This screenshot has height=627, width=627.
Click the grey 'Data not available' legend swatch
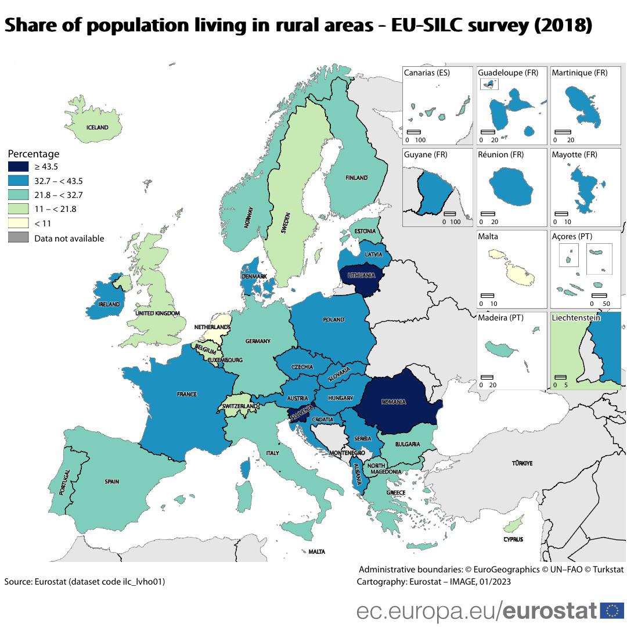(x=17, y=237)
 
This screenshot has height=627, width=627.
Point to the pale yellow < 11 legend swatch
(x=17, y=224)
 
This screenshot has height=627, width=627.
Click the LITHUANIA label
(x=361, y=275)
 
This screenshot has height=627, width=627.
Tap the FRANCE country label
(x=186, y=394)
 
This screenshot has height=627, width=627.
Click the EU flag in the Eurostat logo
(x=612, y=611)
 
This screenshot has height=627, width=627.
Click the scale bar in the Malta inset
(x=487, y=296)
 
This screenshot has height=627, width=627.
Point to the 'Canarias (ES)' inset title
(x=427, y=73)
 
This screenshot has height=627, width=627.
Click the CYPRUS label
(x=513, y=539)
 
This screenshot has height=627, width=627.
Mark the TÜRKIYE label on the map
(x=522, y=463)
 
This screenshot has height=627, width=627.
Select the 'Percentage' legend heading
(x=34, y=154)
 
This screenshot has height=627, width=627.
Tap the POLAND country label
(x=334, y=320)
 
